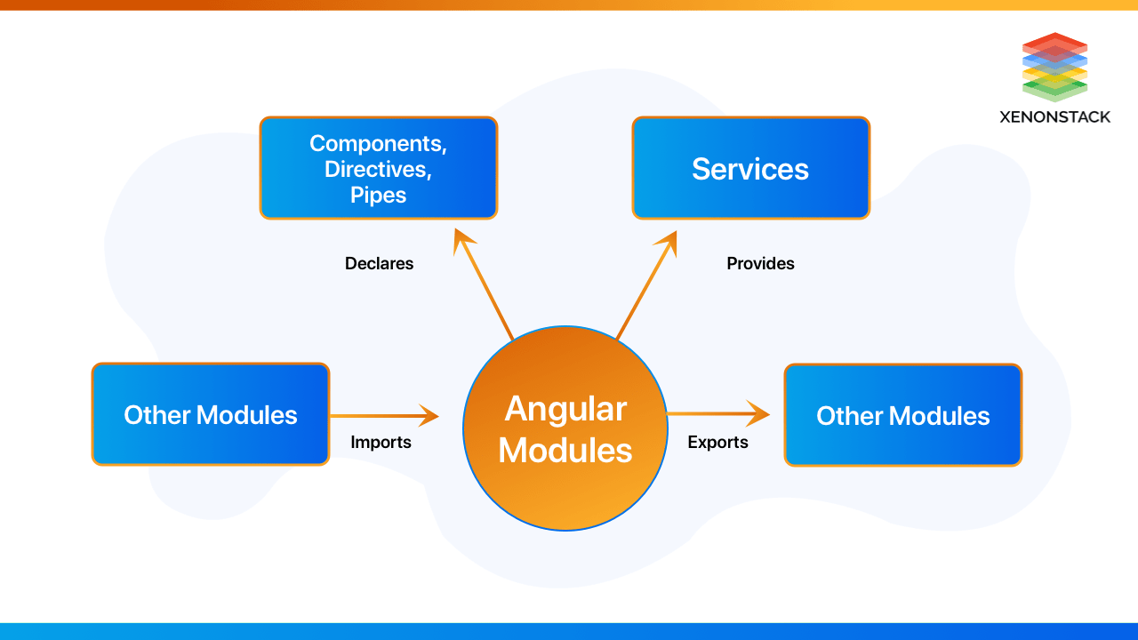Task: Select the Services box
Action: tap(750, 168)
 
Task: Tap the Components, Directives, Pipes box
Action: tap(378, 168)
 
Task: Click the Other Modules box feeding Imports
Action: tap(211, 414)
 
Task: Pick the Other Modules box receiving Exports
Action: tap(902, 415)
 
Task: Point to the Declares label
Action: tap(379, 263)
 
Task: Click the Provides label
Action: tap(760, 263)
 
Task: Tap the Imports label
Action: tap(381, 442)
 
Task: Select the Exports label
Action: tap(717, 442)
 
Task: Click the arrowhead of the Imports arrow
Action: tap(429, 415)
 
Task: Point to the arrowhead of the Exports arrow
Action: tap(759, 413)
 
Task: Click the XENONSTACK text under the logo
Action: tap(1054, 116)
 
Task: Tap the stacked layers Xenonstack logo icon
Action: tap(1054, 67)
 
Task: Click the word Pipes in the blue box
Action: tap(378, 195)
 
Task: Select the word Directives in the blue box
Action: tap(378, 169)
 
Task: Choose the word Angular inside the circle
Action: tap(565, 409)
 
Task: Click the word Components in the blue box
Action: tap(378, 143)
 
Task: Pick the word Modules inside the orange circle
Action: tap(565, 450)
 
